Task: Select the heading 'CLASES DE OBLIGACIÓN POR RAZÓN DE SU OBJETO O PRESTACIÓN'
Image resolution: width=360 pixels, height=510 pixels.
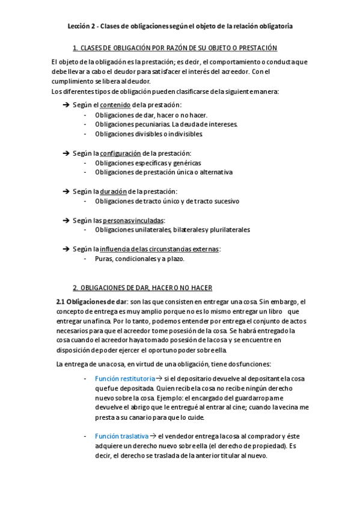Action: click(x=178, y=48)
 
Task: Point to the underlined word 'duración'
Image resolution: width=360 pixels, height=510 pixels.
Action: click(x=114, y=191)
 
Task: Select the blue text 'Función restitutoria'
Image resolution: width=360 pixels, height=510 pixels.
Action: click(x=122, y=378)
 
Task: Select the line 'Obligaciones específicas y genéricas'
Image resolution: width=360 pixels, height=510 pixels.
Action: click(x=148, y=163)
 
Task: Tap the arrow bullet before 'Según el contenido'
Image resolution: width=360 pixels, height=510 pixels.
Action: click(x=66, y=105)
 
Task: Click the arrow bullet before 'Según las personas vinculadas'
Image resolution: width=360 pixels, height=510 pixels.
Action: click(x=66, y=220)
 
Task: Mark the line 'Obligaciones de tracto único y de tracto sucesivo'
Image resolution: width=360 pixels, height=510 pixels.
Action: click(x=166, y=201)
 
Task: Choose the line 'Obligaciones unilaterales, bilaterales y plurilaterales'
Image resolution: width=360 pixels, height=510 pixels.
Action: click(x=172, y=230)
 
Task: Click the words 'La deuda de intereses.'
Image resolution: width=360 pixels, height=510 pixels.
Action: click(x=205, y=124)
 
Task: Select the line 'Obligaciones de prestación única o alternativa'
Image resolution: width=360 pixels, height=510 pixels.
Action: click(x=163, y=172)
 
